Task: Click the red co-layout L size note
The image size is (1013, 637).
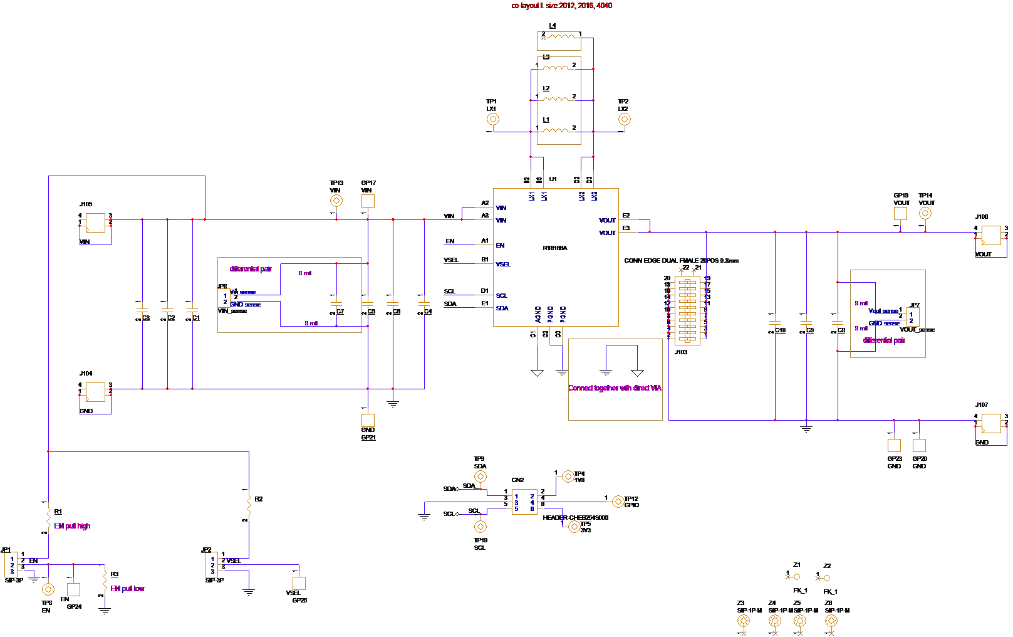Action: [562, 6]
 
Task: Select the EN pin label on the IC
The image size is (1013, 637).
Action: [500, 246]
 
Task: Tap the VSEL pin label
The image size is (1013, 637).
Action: [503, 265]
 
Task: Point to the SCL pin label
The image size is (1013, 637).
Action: [502, 296]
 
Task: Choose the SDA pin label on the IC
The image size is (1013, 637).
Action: [502, 308]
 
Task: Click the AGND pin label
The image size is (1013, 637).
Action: [538, 314]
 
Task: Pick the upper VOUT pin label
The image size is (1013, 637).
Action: [607, 221]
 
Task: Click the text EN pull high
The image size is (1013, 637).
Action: [72, 526]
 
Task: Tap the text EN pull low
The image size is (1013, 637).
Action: [127, 589]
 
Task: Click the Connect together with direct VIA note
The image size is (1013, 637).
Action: [615, 388]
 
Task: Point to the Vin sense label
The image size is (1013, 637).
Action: [243, 293]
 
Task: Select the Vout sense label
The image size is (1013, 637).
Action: [884, 312]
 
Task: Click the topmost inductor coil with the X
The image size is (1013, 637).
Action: [559, 38]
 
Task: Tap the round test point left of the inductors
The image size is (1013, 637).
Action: [493, 119]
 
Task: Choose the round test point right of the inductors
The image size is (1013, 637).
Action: [625, 119]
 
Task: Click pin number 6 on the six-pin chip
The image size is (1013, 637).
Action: [532, 509]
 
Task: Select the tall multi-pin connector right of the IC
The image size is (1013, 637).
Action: [687, 311]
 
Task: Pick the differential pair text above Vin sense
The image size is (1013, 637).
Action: [251, 269]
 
